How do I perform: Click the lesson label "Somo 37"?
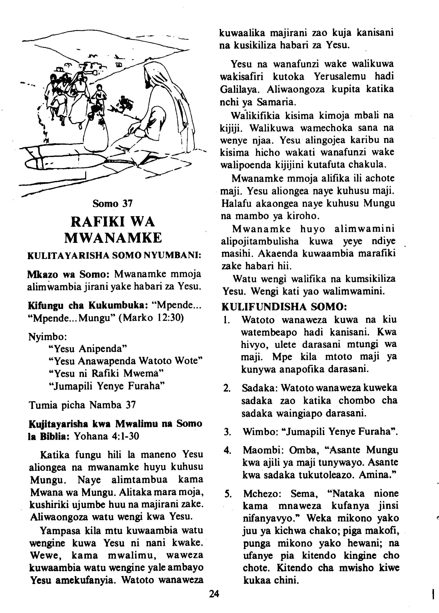point(113,203)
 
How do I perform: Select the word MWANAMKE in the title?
point(113,238)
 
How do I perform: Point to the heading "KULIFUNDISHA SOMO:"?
point(284,307)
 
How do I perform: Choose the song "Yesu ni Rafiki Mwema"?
point(106,373)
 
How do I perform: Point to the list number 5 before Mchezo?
point(228,494)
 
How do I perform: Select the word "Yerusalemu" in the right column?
point(340,77)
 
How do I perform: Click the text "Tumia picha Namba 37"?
point(82,405)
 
